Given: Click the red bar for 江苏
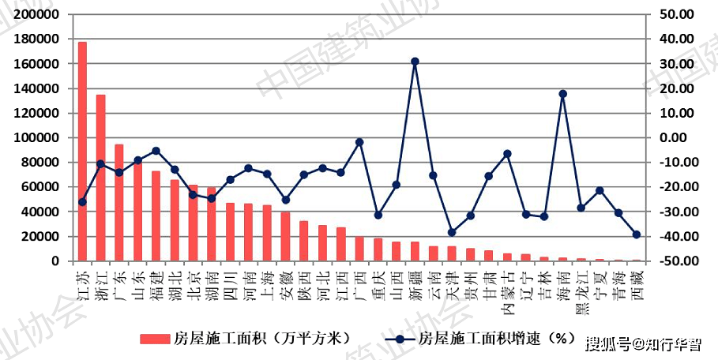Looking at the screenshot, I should [x=82, y=151].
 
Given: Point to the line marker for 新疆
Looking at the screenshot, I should [x=415, y=62].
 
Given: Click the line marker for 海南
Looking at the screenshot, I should [x=562, y=94].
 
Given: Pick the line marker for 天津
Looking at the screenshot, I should [x=452, y=232].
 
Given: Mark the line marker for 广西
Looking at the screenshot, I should [x=359, y=142].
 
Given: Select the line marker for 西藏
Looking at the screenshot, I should [x=637, y=234].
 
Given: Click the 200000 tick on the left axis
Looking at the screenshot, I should [x=38, y=14].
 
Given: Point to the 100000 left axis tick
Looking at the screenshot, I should [x=38, y=137].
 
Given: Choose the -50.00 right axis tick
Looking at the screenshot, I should [x=671, y=261].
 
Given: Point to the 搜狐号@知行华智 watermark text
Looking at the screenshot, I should [x=642, y=343].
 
